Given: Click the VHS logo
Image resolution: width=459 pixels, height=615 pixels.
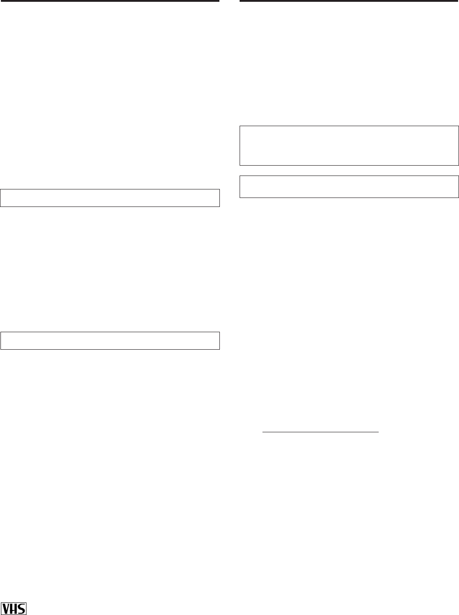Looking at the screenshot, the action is point(14,608).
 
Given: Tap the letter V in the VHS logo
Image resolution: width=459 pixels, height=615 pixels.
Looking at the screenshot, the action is point(7,609).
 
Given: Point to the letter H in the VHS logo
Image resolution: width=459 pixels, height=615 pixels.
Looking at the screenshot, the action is point(14,609).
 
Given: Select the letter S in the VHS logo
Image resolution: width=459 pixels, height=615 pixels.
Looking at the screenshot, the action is point(22,609).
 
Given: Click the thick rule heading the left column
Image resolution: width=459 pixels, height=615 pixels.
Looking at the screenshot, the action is point(109,1).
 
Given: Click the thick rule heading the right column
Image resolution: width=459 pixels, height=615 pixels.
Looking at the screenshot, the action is point(350,1).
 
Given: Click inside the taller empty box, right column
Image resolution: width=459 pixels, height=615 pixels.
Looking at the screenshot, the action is point(350,146).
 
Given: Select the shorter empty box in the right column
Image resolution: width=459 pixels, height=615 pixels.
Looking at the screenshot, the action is point(350,186).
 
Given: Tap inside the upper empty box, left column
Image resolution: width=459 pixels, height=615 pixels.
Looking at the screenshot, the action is point(110,198).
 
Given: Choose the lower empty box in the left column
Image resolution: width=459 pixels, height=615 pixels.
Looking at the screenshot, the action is point(110,340).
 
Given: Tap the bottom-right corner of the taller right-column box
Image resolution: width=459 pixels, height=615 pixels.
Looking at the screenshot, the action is point(458,165).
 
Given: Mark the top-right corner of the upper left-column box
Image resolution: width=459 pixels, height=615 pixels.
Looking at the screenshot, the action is point(219,189).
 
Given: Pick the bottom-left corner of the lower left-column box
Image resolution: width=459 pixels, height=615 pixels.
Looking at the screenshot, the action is point(1,349).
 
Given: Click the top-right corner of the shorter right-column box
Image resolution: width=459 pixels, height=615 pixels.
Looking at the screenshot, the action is point(458,176).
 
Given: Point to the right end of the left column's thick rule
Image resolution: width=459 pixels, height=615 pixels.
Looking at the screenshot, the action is point(219,1).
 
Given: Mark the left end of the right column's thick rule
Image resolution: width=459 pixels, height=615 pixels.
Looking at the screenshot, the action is point(240,1).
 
